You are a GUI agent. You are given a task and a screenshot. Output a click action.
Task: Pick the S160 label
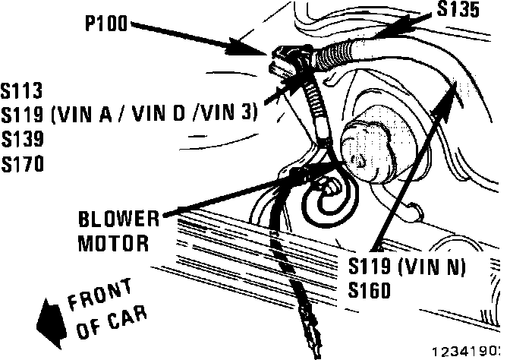(x=370, y=290)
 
